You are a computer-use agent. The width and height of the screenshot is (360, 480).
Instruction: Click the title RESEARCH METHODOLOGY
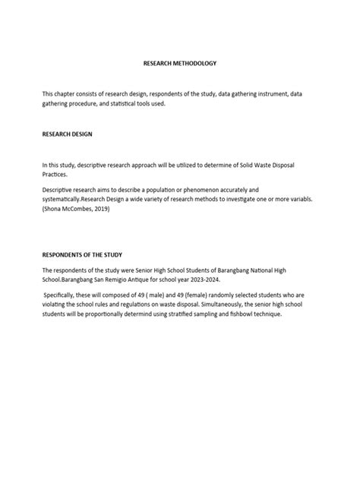[x=179, y=67]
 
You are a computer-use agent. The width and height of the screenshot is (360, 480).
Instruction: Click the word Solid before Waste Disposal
[x=256, y=165]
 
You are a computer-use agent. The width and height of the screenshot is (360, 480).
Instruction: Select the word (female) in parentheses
[x=172, y=293]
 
